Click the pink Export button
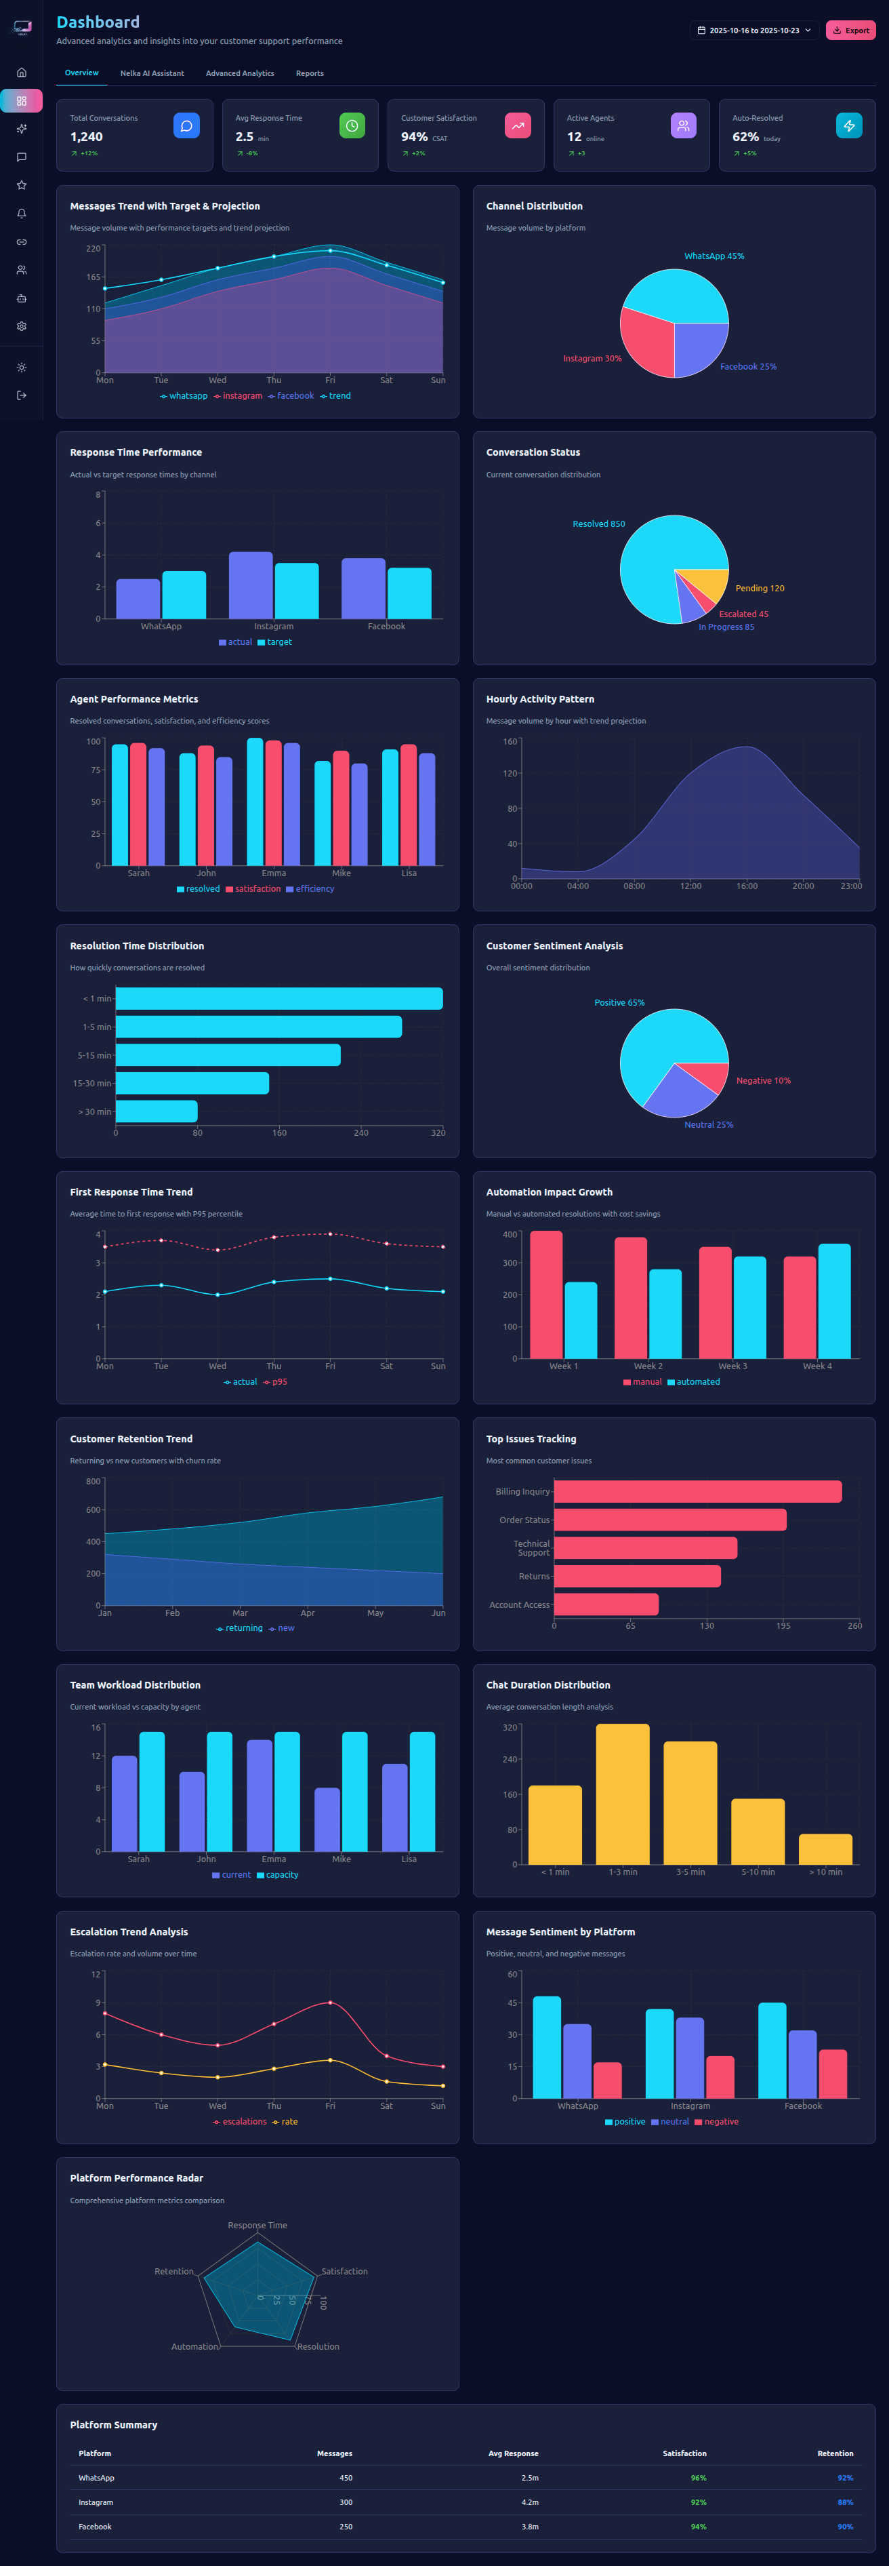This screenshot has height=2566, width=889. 850,30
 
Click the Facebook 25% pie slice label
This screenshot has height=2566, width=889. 747,367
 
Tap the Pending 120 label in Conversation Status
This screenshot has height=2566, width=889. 759,588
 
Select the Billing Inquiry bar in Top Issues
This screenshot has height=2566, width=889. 697,1491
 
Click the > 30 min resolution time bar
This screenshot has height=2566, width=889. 157,1111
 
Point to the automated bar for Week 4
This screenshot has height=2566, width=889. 833,1300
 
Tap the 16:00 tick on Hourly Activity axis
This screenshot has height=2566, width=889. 747,886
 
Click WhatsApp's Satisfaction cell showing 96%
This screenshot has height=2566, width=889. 698,2477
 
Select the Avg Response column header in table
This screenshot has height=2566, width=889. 513,2453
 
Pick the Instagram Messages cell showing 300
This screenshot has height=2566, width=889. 346,2502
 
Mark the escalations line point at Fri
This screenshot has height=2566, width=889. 331,2002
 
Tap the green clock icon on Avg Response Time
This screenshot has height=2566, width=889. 352,125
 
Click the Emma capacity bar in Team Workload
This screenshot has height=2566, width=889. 287,1791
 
